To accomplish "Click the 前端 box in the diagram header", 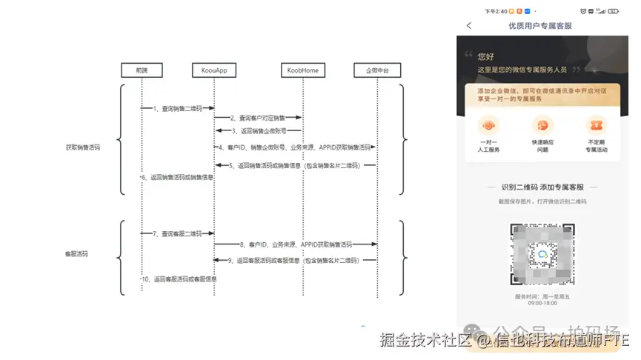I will [142, 70].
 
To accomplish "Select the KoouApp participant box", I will [213, 70].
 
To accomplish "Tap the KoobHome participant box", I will [302, 70].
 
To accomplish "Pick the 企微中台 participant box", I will [377, 70].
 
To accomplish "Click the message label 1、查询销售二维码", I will [177, 108].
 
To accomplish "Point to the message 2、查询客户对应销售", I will [258, 118].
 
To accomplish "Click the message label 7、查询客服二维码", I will [177, 234].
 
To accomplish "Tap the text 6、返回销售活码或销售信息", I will [178, 178].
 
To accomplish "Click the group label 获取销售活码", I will [82, 147].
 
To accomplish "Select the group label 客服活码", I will [78, 254].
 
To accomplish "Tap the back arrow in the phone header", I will [469, 26].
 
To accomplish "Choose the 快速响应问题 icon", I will [542, 125].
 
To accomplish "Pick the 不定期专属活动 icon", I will [595, 125].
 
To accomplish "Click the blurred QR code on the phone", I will [542, 254].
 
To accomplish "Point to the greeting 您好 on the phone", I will [486, 56].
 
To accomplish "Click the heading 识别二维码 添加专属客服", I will [542, 188].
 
